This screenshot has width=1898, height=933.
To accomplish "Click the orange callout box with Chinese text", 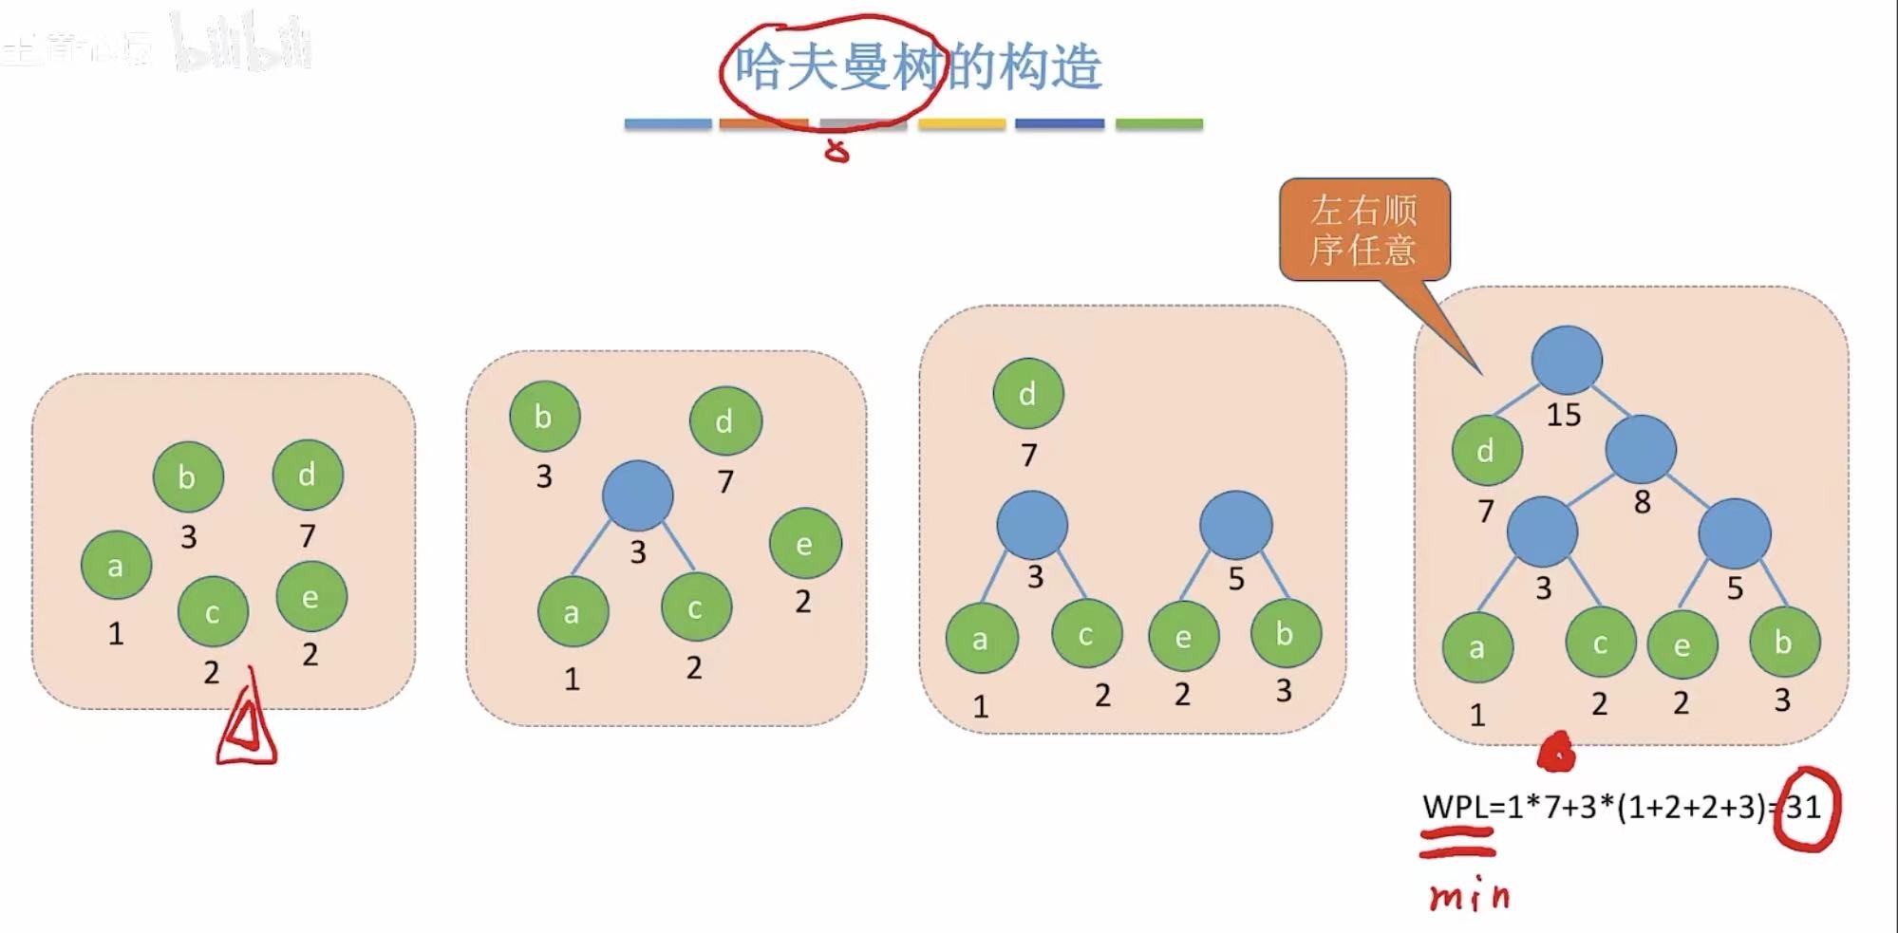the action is (x=1363, y=230).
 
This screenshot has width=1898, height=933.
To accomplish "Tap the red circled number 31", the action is (x=1805, y=808).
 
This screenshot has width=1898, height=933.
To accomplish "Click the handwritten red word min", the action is (x=1468, y=897).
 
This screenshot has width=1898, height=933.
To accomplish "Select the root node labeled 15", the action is (x=1567, y=361).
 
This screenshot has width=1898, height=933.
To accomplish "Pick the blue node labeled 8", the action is (x=1640, y=449).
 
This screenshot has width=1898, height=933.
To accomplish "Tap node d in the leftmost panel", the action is (x=308, y=475).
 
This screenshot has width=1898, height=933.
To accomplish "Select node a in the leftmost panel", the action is (x=116, y=566).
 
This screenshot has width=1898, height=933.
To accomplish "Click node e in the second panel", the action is (x=805, y=544).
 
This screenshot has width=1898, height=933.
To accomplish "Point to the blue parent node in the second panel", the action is (x=638, y=495).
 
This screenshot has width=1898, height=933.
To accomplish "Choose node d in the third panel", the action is (x=1028, y=394).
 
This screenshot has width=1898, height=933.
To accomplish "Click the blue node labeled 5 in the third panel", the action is (x=1235, y=525).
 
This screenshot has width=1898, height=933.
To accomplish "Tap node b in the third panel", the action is (x=1286, y=633).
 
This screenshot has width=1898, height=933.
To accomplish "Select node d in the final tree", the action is (x=1487, y=450).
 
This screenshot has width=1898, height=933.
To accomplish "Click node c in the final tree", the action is (x=1601, y=644).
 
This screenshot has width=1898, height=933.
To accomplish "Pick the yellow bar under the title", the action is (x=961, y=123).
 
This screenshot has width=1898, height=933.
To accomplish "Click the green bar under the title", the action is (x=1158, y=123).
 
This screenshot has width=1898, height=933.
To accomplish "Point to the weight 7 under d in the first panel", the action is (x=308, y=536).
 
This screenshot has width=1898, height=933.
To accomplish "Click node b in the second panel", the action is (x=544, y=417).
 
